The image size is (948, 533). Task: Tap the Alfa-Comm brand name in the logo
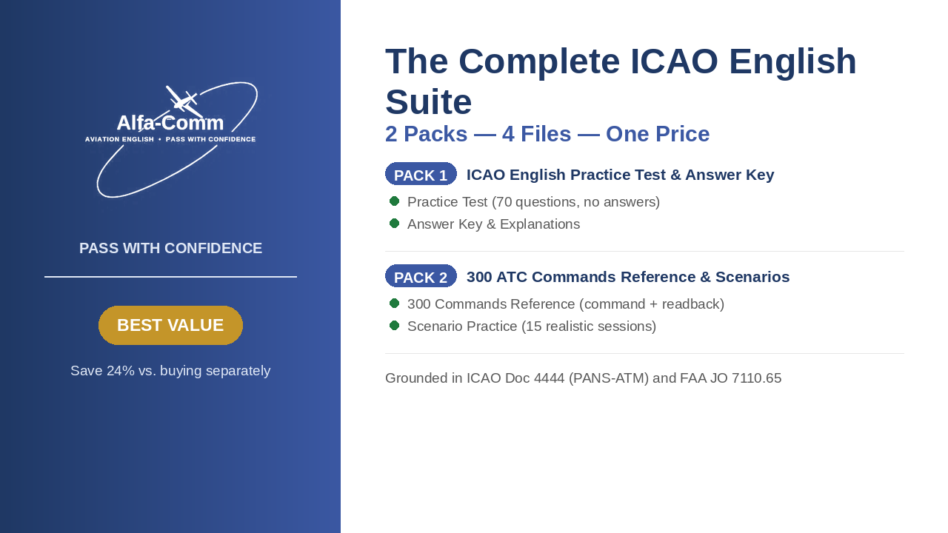(170, 123)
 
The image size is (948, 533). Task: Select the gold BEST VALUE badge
(170, 325)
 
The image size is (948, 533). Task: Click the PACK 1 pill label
(421, 174)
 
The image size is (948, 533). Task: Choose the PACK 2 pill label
(421, 276)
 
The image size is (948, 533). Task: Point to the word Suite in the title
(428, 102)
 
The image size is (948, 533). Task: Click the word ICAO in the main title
(674, 61)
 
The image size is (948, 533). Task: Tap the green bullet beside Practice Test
(395, 201)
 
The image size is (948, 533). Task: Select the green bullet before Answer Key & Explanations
(395, 223)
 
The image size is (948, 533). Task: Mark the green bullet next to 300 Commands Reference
(395, 304)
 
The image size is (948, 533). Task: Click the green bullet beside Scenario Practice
(395, 325)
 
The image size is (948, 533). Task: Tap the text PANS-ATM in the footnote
(609, 378)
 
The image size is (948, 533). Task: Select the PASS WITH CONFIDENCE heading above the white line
(170, 248)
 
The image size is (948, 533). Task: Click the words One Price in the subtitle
(658, 134)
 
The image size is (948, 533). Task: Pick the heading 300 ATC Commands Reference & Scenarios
(628, 277)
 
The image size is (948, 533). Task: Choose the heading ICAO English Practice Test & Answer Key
(621, 175)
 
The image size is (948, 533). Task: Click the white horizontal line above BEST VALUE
(170, 277)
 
